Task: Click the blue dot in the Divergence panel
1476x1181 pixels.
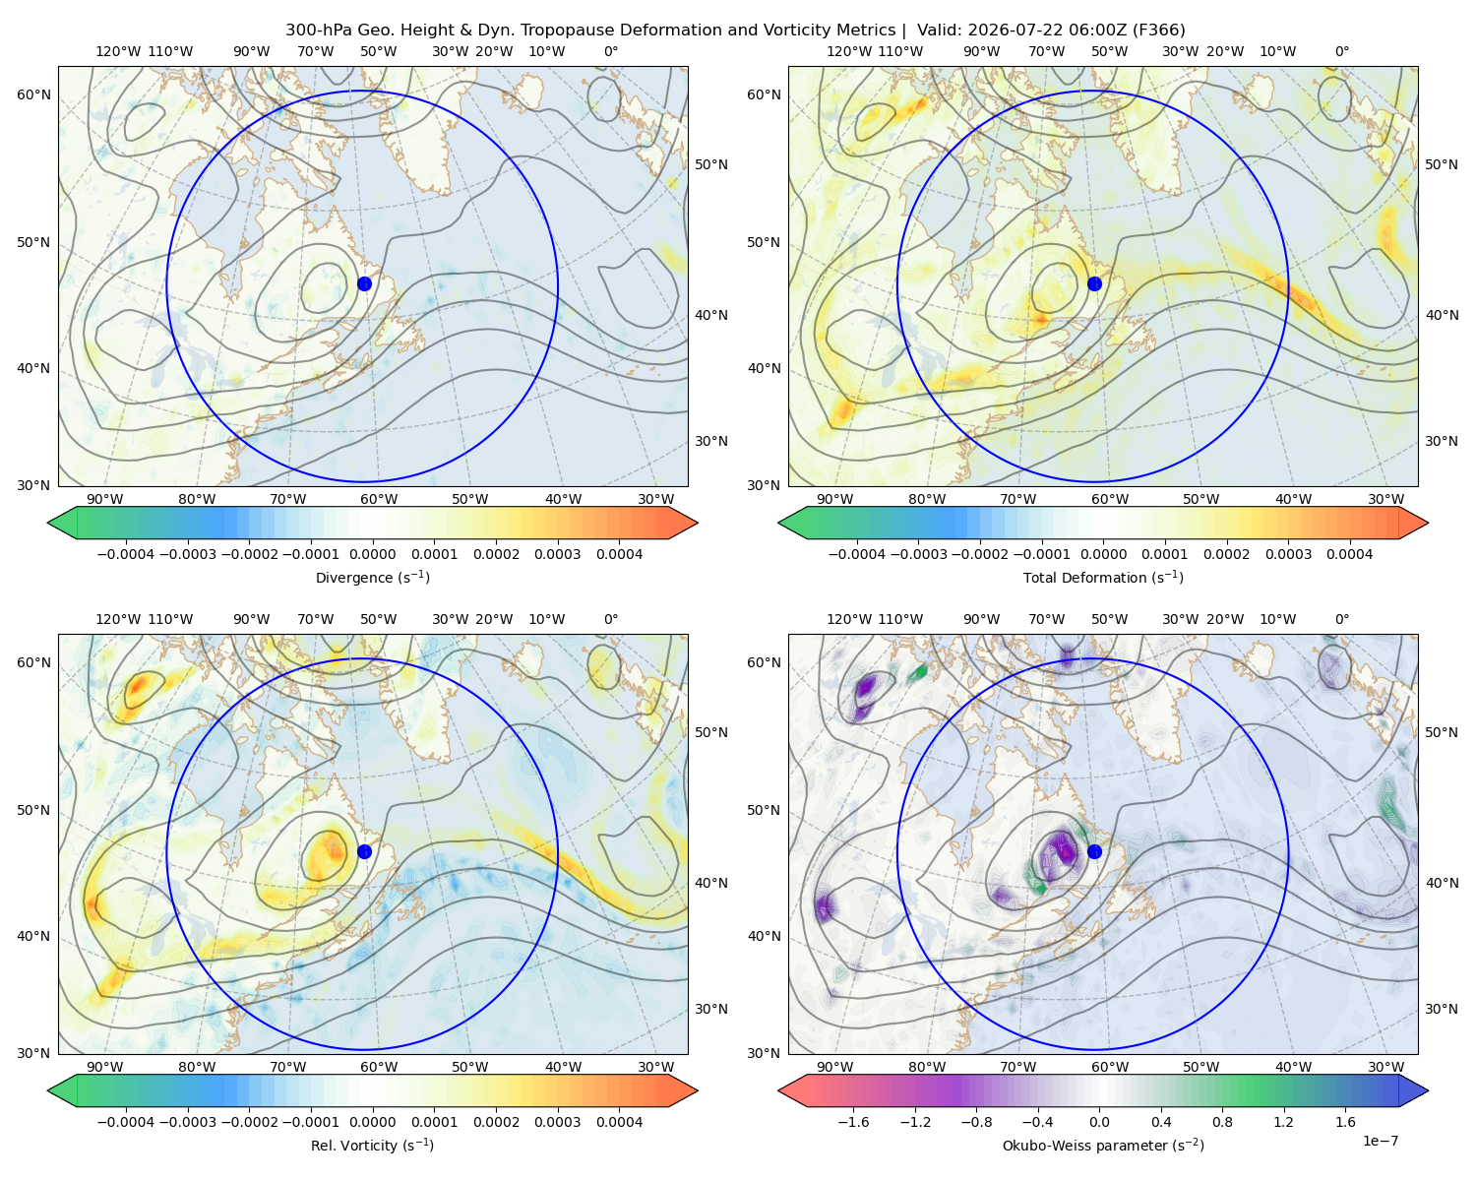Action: pyautogui.click(x=364, y=283)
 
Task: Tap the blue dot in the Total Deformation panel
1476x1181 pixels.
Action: pyautogui.click(x=1094, y=283)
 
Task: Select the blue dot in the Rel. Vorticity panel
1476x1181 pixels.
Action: pyautogui.click(x=364, y=851)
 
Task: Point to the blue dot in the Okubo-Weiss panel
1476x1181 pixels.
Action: pyautogui.click(x=1094, y=851)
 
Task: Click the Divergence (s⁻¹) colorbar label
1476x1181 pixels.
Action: pyautogui.click(x=372, y=577)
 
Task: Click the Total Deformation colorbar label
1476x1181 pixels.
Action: pyautogui.click(x=1103, y=577)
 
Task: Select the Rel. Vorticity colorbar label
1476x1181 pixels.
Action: pyautogui.click(x=372, y=1146)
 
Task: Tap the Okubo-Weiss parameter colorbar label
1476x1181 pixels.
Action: pyautogui.click(x=1103, y=1146)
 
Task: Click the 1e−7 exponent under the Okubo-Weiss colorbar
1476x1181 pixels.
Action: pyautogui.click(x=1380, y=1141)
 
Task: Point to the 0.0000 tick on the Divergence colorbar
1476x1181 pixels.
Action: pyautogui.click(x=372, y=554)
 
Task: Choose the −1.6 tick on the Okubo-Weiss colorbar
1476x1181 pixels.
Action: pyautogui.click(x=853, y=1122)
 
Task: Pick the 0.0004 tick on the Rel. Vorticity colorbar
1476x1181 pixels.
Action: pyautogui.click(x=619, y=1122)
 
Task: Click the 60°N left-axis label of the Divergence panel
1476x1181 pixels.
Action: pyautogui.click(x=33, y=94)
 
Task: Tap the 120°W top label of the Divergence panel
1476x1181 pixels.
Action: pyautogui.click(x=118, y=51)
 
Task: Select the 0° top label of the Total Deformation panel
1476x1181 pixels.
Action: pyautogui.click(x=1341, y=51)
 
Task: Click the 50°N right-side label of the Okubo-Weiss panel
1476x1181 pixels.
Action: pyautogui.click(x=1441, y=732)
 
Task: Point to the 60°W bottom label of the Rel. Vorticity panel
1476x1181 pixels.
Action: pyautogui.click(x=379, y=1067)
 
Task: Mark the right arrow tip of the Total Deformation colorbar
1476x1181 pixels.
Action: pyautogui.click(x=1428, y=523)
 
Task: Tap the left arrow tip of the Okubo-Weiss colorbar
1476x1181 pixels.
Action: pyautogui.click(x=778, y=1090)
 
